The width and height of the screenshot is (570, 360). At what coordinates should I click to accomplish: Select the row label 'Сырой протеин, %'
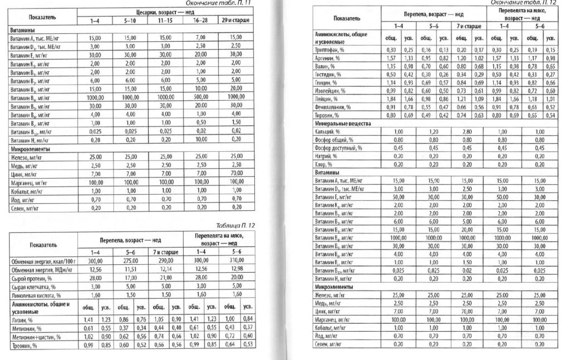pos(28,278)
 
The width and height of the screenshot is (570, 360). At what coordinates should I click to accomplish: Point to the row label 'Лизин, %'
pos(21,320)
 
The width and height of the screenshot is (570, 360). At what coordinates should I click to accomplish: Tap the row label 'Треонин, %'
pos(23,346)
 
